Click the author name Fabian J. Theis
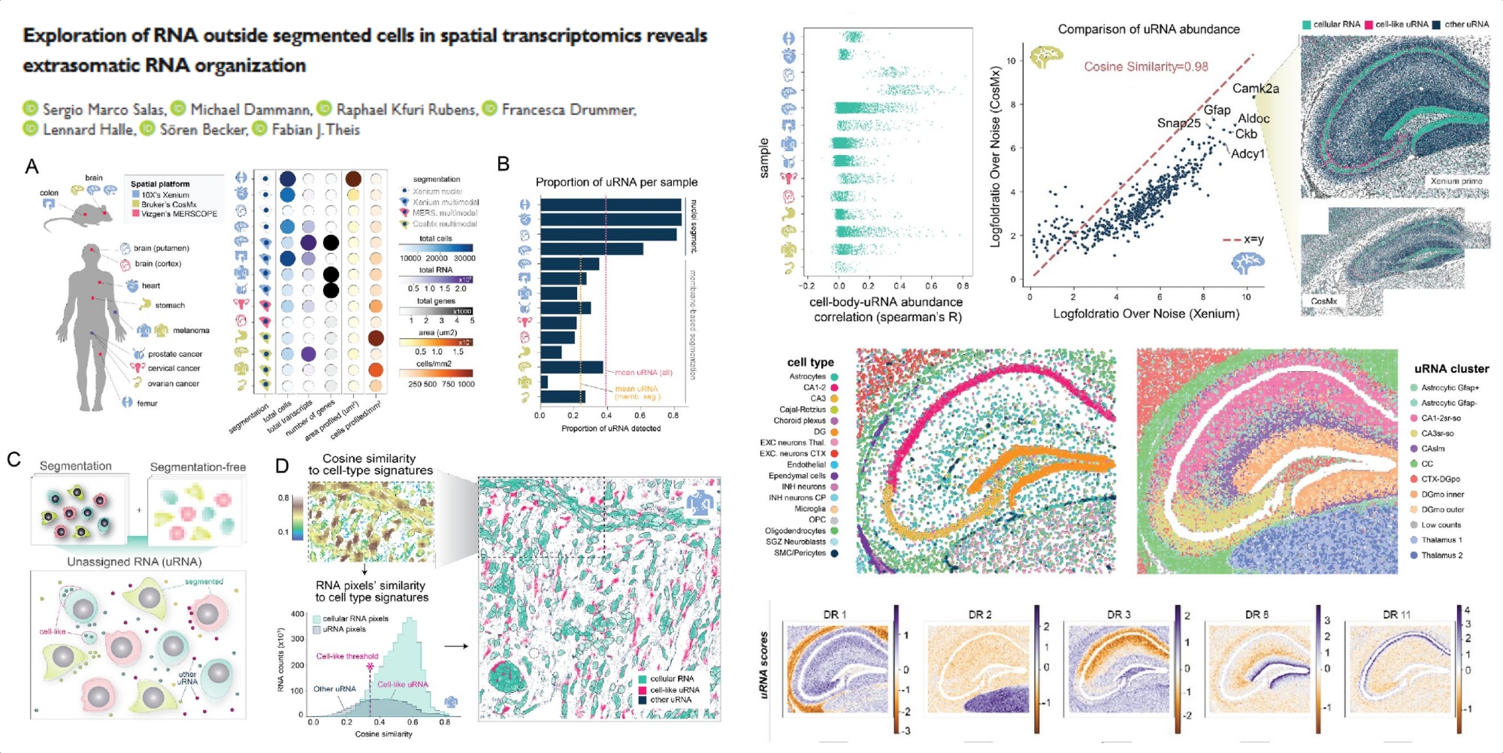pyautogui.click(x=316, y=130)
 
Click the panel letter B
pyautogui.click(x=504, y=164)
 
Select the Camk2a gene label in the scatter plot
pyautogui.click(x=1255, y=89)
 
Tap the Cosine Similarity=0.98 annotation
pyautogui.click(x=1146, y=67)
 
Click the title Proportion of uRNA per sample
pyautogui.click(x=616, y=182)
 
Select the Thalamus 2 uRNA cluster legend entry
pyautogui.click(x=1441, y=555)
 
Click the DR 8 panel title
pyautogui.click(x=1257, y=615)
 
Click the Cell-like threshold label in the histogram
pyautogui.click(x=347, y=656)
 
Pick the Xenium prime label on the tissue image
pyautogui.click(x=1456, y=181)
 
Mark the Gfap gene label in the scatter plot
pyautogui.click(x=1217, y=110)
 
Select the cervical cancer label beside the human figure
pyautogui.click(x=174, y=368)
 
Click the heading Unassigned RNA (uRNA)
pyautogui.click(x=135, y=561)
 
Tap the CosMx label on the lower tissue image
pyautogui.click(x=1323, y=301)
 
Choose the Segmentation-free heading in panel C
pyautogui.click(x=198, y=467)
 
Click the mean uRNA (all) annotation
pyautogui.click(x=643, y=373)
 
